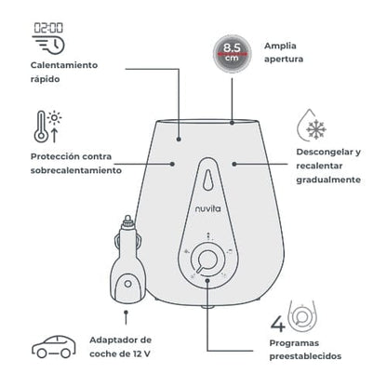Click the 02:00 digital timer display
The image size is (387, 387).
[x=48, y=28]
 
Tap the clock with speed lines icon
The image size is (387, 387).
[x=48, y=46]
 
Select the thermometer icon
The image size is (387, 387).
[x=41, y=127]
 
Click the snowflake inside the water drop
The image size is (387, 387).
[x=316, y=128]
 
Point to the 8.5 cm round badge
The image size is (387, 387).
[x=232, y=54]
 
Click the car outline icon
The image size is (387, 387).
[x=54, y=346]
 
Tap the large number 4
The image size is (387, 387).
[x=278, y=324]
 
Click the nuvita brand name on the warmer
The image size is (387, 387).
[x=208, y=208]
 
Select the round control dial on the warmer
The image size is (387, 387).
[x=207, y=259]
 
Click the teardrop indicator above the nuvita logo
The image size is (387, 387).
[x=208, y=180]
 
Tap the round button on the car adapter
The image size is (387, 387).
[x=127, y=284]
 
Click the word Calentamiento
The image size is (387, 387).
[x=64, y=65]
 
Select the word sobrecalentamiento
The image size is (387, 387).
[x=76, y=170]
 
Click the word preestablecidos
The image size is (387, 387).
[x=305, y=356]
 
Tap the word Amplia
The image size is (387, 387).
[x=280, y=47]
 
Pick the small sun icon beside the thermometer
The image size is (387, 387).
[x=55, y=118]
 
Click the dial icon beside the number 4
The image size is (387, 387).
[x=302, y=316]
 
